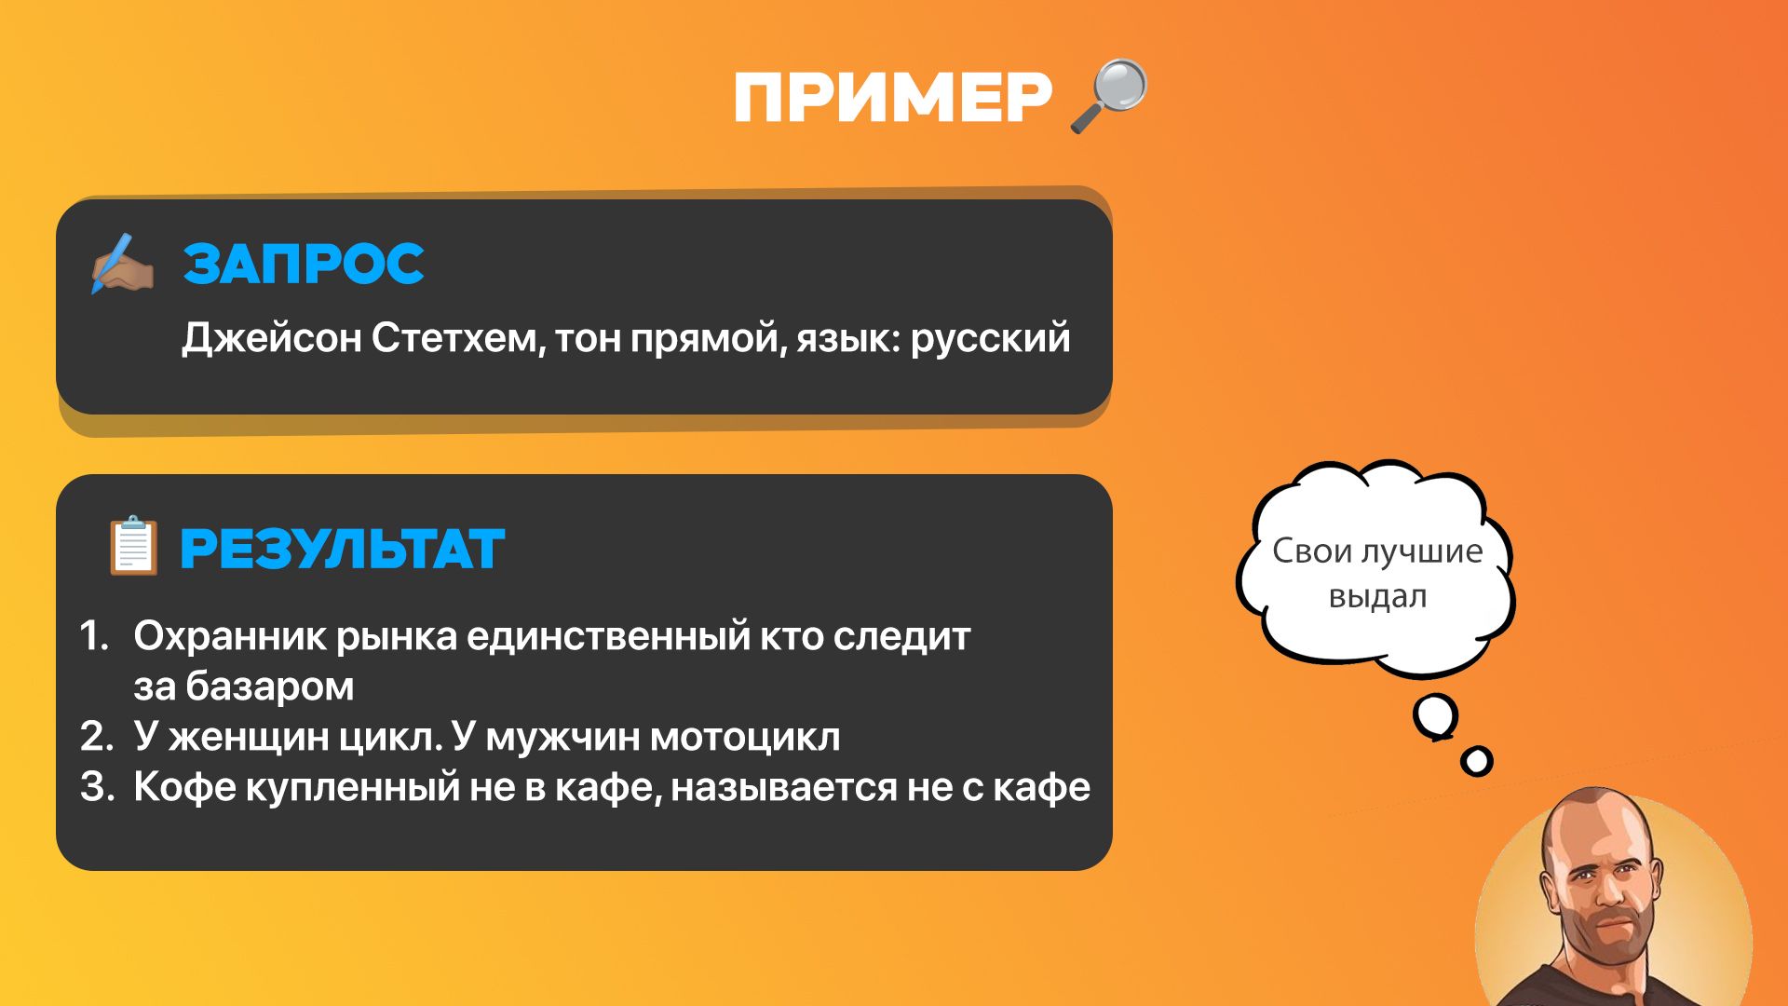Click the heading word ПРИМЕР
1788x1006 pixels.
click(x=893, y=97)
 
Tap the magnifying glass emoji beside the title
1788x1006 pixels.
click(x=1109, y=96)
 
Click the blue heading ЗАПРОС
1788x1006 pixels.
click(x=304, y=264)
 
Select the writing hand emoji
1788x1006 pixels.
click(x=121, y=264)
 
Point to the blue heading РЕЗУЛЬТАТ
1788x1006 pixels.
click(x=342, y=549)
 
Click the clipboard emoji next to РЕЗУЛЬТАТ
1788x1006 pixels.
click(x=133, y=545)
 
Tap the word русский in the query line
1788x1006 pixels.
click(x=990, y=339)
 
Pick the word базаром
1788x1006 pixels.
click(x=269, y=687)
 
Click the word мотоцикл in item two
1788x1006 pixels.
click(x=745, y=737)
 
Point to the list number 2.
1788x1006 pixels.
click(x=96, y=737)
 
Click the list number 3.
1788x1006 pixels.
click(x=96, y=787)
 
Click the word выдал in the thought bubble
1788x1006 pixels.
click(x=1377, y=597)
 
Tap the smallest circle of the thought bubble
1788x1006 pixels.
click(x=1476, y=761)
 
